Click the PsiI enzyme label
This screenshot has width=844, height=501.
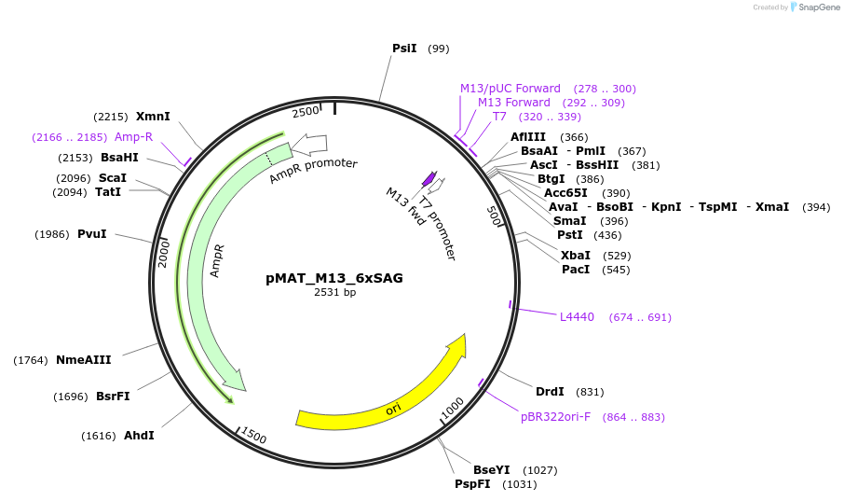click(x=404, y=48)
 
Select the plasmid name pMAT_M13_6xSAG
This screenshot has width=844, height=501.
click(x=334, y=277)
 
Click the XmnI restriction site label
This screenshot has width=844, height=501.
click(x=153, y=117)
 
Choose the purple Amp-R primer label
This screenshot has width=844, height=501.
click(x=133, y=137)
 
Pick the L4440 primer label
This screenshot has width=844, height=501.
click(x=577, y=317)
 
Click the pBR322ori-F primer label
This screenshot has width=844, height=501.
click(x=555, y=417)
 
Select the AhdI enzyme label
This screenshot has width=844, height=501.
click(x=139, y=436)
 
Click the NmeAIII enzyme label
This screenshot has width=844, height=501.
click(x=83, y=360)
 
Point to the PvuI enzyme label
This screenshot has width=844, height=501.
click(x=91, y=234)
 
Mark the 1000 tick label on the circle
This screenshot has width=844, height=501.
click(x=453, y=407)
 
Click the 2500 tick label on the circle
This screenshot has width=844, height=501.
click(x=306, y=112)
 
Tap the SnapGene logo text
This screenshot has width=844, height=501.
click(x=816, y=7)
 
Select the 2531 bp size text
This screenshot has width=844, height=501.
click(x=334, y=292)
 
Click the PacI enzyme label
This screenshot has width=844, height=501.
click(x=576, y=270)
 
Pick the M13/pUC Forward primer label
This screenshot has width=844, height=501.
click(x=510, y=89)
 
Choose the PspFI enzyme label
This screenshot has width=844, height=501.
click(x=472, y=484)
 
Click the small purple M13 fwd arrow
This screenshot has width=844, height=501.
click(x=429, y=177)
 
